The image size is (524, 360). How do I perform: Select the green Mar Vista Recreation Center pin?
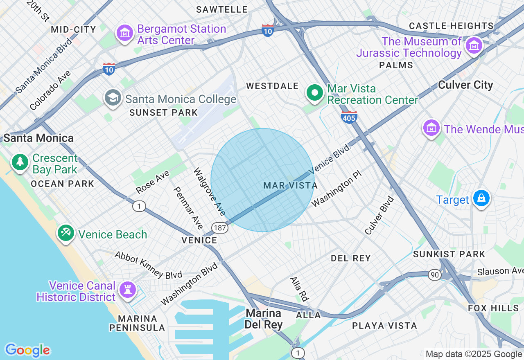[314, 93]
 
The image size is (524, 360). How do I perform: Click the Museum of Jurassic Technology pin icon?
[474, 46]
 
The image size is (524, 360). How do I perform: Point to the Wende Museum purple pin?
[431, 128]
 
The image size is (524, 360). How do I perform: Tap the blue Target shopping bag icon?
[481, 199]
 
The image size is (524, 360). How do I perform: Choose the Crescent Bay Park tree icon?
[20, 162]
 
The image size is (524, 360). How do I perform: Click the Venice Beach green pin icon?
[65, 233]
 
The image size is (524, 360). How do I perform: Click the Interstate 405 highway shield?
[349, 117]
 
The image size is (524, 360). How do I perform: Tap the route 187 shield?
[220, 227]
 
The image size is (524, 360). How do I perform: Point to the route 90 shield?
[435, 275]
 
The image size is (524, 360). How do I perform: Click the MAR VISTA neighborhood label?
[290, 186]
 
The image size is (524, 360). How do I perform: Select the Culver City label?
[465, 85]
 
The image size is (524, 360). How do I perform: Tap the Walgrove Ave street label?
[209, 191]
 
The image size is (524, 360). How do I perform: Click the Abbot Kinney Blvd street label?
[148, 265]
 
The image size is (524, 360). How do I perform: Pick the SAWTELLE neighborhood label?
[222, 9]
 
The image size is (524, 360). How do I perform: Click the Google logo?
[27, 350]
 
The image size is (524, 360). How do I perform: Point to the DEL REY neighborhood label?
[350, 258]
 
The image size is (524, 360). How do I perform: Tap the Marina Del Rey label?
[263, 319]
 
